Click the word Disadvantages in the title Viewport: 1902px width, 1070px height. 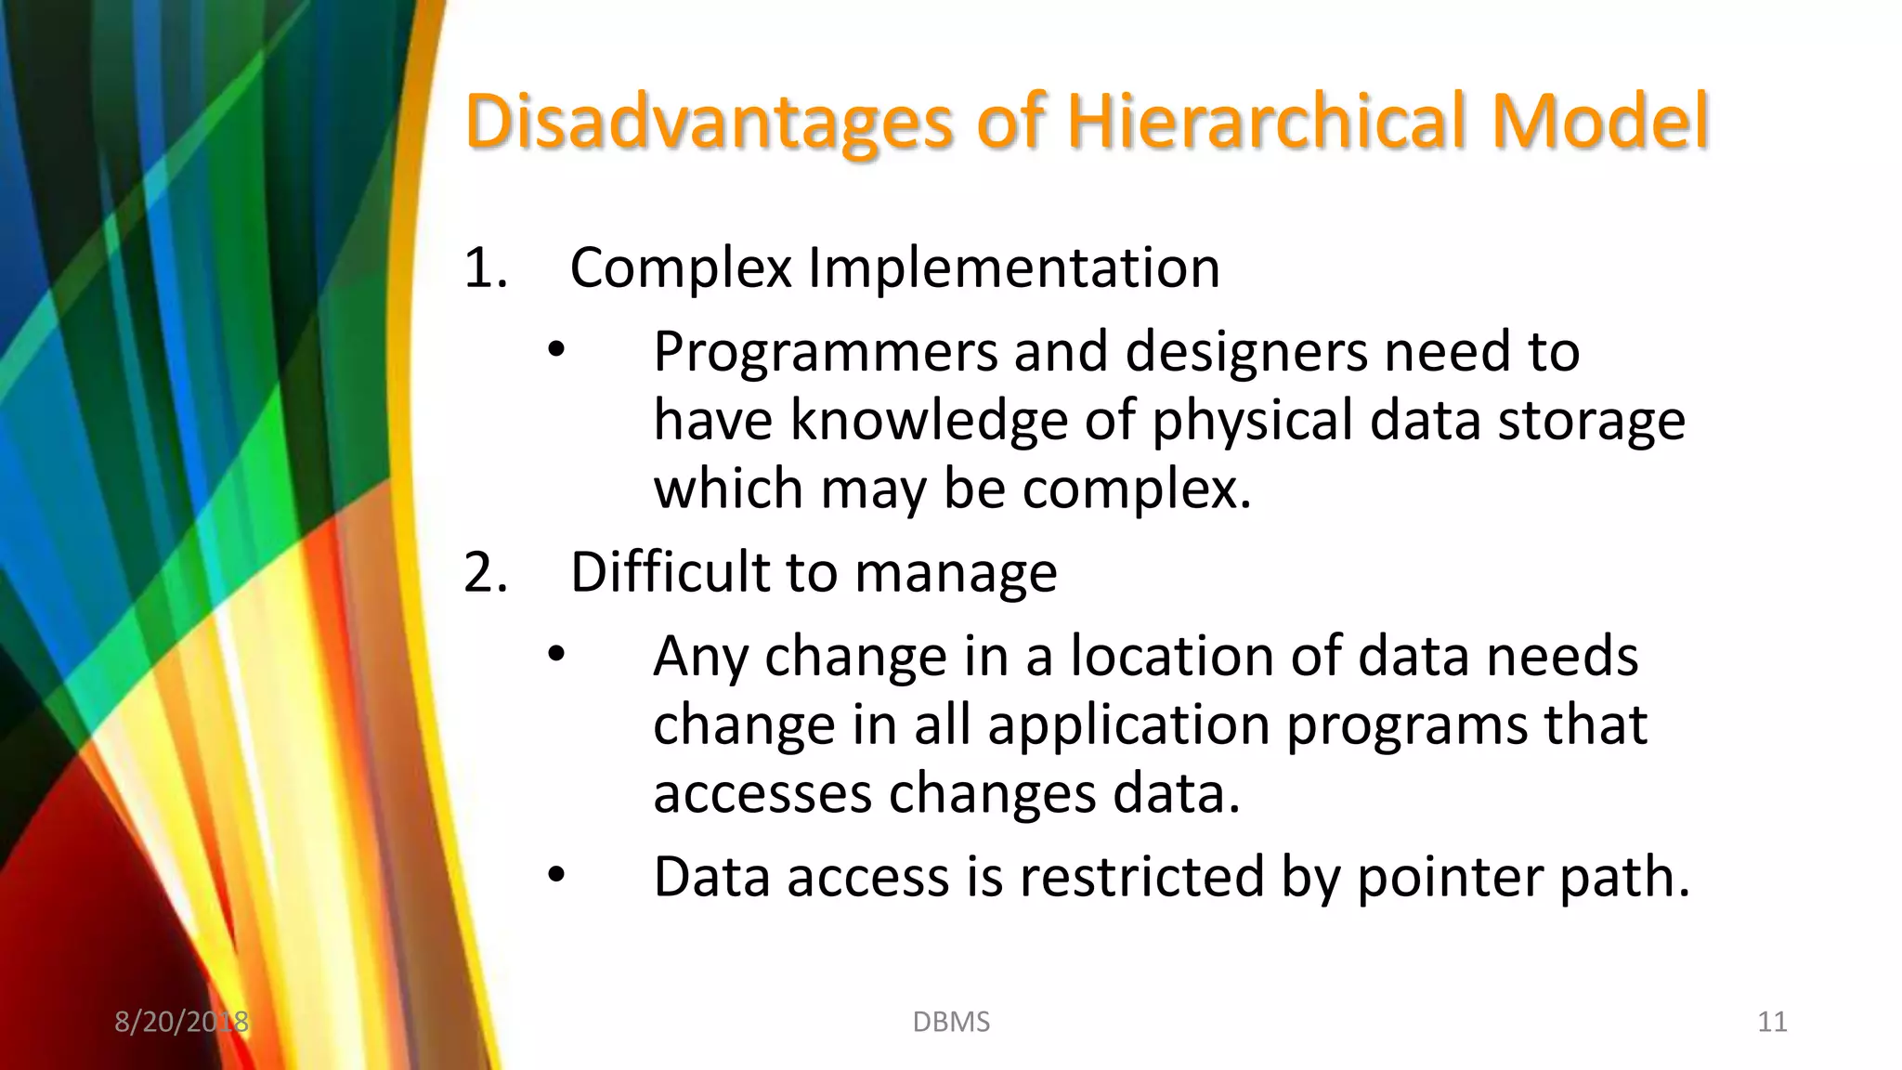(x=709, y=122)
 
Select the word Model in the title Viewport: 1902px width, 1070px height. (x=1599, y=122)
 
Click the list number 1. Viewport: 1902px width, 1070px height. (x=484, y=268)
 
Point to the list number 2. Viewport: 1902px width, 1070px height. (x=484, y=572)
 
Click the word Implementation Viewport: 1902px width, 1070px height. (x=1013, y=268)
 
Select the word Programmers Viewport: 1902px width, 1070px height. (x=825, y=353)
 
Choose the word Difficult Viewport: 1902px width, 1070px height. (x=670, y=572)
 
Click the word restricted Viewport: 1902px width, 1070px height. (x=1141, y=877)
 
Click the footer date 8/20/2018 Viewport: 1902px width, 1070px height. (x=181, y=1022)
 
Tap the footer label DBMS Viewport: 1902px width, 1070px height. (x=951, y=1022)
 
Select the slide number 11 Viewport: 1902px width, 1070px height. (x=1772, y=1022)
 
